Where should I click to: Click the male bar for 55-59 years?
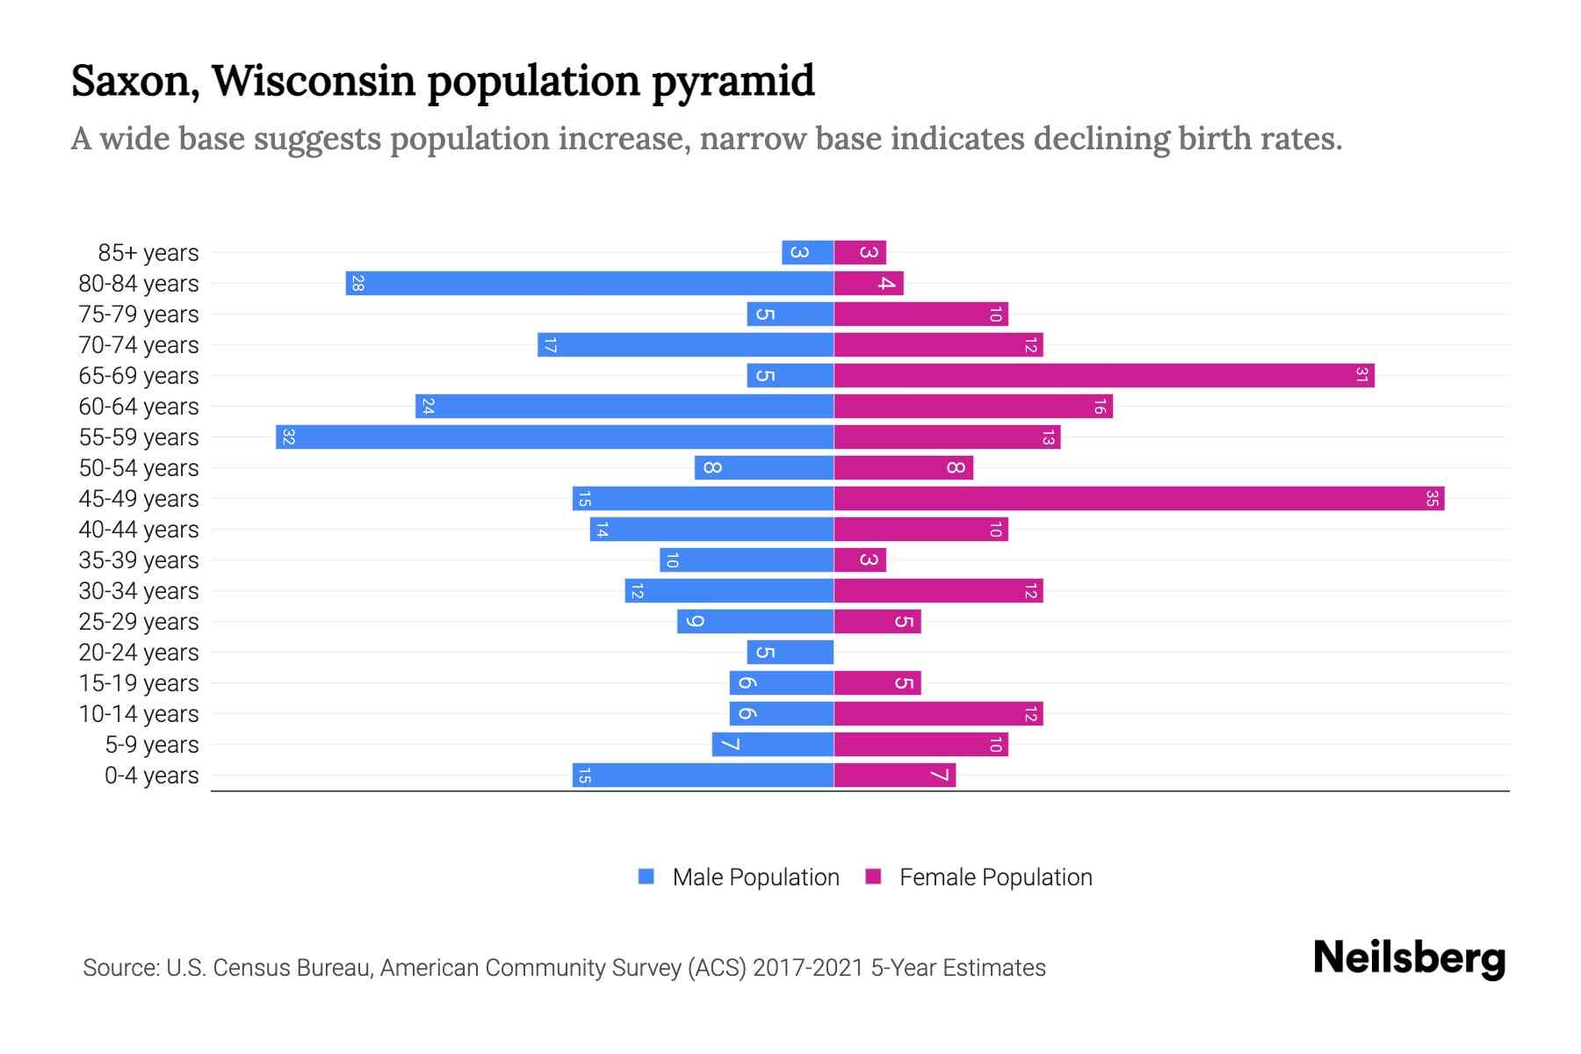click(553, 437)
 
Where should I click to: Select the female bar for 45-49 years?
click(1138, 498)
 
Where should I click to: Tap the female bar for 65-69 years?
click(1103, 375)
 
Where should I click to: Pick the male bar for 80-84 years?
click(588, 283)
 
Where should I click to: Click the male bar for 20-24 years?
click(790, 652)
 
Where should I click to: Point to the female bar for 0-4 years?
click(894, 775)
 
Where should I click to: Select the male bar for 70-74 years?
click(685, 344)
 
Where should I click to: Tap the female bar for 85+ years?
click(860, 252)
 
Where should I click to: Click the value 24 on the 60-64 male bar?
click(428, 406)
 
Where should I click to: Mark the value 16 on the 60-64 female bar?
click(1100, 406)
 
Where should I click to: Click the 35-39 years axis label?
click(139, 560)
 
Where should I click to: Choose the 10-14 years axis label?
click(139, 714)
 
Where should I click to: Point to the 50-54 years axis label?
click(139, 468)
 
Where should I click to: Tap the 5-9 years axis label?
click(151, 745)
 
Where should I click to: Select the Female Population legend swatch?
click(873, 877)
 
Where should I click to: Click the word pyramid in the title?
click(733, 81)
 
